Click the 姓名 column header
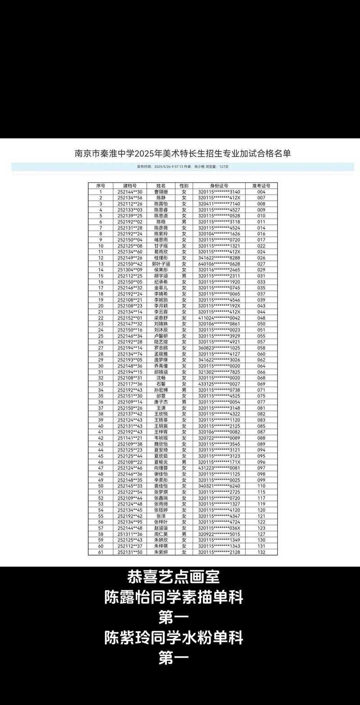(161, 185)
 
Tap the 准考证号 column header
(261, 185)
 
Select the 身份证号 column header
(219, 185)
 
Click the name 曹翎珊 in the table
(161, 192)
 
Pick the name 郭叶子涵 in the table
(161, 264)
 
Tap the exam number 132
(261, 552)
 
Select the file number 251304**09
(130, 270)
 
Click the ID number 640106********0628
(219, 264)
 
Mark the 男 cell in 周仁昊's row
(184, 534)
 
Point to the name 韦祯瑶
(161, 438)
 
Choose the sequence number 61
(101, 552)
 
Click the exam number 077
(261, 402)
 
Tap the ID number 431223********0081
(219, 468)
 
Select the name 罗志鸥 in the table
(161, 348)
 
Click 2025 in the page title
(141, 154)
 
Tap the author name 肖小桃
(199, 167)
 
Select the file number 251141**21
(130, 438)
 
